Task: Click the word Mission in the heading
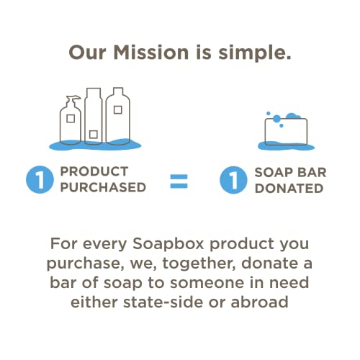coord(151,53)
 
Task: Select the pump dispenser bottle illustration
coord(71,120)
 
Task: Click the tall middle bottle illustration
coord(94,116)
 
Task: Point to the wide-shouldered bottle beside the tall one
coord(118,116)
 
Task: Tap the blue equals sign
coord(179,181)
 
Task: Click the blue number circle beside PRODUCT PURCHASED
coord(40,179)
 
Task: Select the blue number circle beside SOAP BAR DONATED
coord(233,180)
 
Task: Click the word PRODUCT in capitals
coord(94,171)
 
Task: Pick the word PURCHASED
coord(103,187)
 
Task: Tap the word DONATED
coord(289,189)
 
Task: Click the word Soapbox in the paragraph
coord(168,243)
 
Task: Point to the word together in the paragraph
coord(199,264)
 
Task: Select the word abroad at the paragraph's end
coord(259,302)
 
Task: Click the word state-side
coord(163,302)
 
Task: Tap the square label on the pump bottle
coord(71,119)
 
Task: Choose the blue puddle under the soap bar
coord(286,145)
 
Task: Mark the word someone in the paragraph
coord(207,283)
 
